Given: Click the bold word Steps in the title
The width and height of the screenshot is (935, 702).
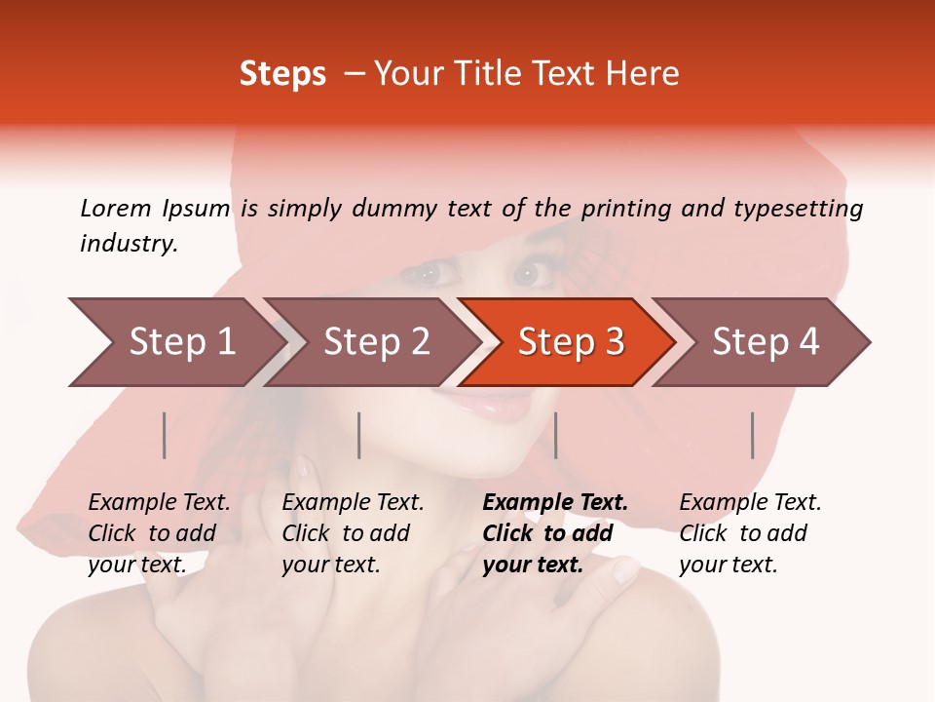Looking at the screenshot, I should [x=282, y=73].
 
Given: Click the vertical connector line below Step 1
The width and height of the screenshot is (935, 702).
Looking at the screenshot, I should [x=165, y=435].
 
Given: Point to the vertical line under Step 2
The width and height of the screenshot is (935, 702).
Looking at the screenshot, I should [x=359, y=435].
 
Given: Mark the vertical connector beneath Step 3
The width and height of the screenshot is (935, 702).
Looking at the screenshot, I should [x=555, y=435].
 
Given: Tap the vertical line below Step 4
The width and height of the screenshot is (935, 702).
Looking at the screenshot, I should [x=752, y=435].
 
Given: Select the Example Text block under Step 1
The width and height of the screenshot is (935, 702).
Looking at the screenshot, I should [x=159, y=533].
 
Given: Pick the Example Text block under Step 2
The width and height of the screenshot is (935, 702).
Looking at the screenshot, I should [x=353, y=533].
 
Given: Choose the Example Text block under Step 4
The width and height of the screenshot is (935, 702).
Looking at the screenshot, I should [x=750, y=533].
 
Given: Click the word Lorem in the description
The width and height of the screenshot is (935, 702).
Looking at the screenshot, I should [x=116, y=208].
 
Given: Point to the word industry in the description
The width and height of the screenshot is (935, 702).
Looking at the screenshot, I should [x=129, y=244].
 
